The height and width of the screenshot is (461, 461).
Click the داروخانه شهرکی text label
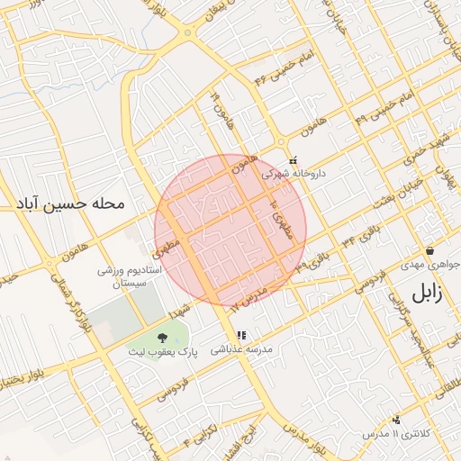[294, 174]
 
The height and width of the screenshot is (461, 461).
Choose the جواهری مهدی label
[430, 267]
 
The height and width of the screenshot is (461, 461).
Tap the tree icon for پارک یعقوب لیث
[162, 338]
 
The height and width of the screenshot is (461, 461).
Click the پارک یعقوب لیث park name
[162, 354]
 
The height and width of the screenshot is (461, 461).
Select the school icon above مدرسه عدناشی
[240, 336]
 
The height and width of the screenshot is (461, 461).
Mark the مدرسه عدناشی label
[240, 349]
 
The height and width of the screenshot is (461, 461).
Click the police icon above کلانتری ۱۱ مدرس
[396, 420]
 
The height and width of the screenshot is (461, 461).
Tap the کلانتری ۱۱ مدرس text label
[396, 433]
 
